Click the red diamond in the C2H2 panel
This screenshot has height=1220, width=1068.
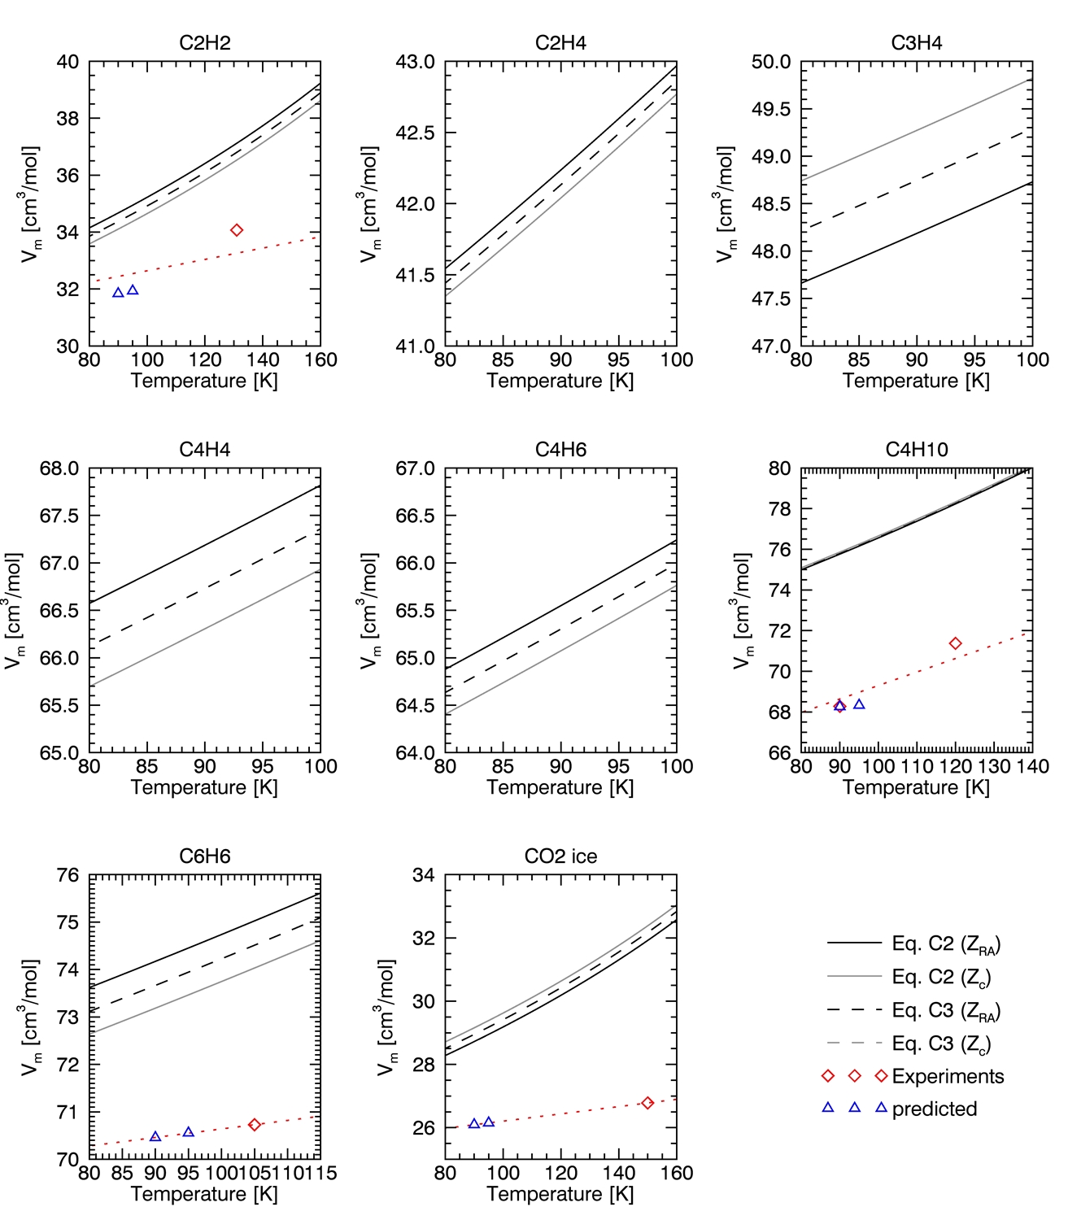[237, 230]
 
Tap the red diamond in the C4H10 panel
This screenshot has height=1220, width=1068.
[956, 643]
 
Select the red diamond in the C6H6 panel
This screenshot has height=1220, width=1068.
[255, 1125]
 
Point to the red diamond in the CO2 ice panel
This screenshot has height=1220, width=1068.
[647, 1103]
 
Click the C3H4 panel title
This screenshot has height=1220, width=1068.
[917, 43]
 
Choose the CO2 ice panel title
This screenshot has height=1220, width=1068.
[560, 856]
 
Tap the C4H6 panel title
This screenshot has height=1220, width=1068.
[560, 450]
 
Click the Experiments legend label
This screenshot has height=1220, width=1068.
[948, 1076]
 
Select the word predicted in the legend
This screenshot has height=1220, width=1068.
[935, 1109]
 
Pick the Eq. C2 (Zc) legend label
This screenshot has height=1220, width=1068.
[941, 977]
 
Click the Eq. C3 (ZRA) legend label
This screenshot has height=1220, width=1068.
[946, 1011]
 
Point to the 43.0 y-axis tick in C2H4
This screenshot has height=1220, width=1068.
[415, 63]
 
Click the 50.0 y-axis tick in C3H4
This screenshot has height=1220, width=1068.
[771, 63]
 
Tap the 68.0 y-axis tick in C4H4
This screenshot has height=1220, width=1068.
[59, 469]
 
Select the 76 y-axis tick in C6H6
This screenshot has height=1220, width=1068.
[68, 876]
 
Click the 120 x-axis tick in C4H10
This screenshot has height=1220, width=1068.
[956, 766]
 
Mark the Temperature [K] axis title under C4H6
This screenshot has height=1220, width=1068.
[560, 787]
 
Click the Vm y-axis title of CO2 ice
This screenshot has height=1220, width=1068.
[387, 1017]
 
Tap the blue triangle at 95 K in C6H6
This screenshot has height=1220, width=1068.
[189, 1132]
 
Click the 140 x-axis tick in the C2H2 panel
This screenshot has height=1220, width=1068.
[263, 359]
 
